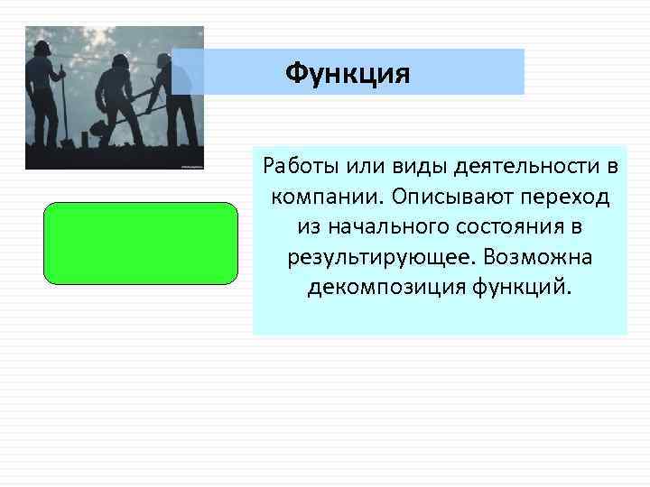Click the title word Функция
(348, 72)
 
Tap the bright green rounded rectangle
(141, 243)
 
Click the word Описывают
(426, 197)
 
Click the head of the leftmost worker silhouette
(42, 47)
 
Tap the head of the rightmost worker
(162, 60)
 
